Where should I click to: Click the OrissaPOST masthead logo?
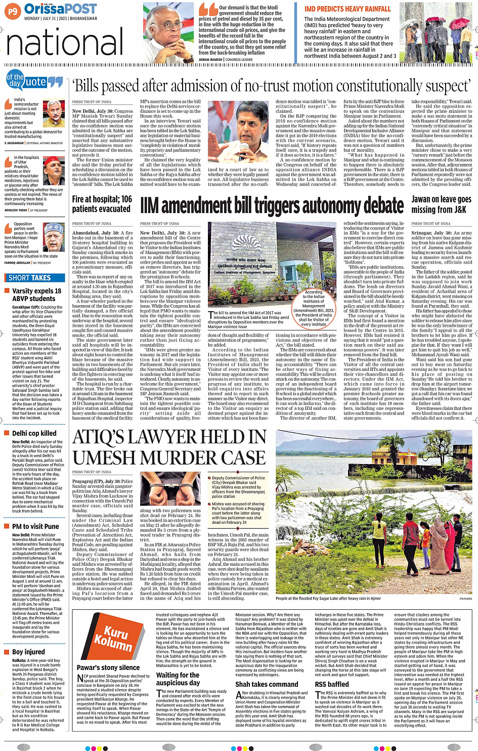pos(60,9)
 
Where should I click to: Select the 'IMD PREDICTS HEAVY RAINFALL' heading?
pos(347,9)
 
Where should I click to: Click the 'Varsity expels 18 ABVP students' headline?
pos(36,295)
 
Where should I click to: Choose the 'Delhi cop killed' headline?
pos(34,433)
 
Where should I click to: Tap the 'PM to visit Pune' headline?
pos(35,526)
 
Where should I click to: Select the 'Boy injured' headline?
pos(28,652)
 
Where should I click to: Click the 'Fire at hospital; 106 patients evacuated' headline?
pos(102,204)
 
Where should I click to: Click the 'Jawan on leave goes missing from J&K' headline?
pos(441,204)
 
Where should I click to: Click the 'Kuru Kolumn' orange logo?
pos(110,638)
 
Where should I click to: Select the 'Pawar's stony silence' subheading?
pos(108,667)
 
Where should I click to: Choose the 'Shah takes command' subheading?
pos(267,684)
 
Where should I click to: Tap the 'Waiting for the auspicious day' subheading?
pos(178,679)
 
